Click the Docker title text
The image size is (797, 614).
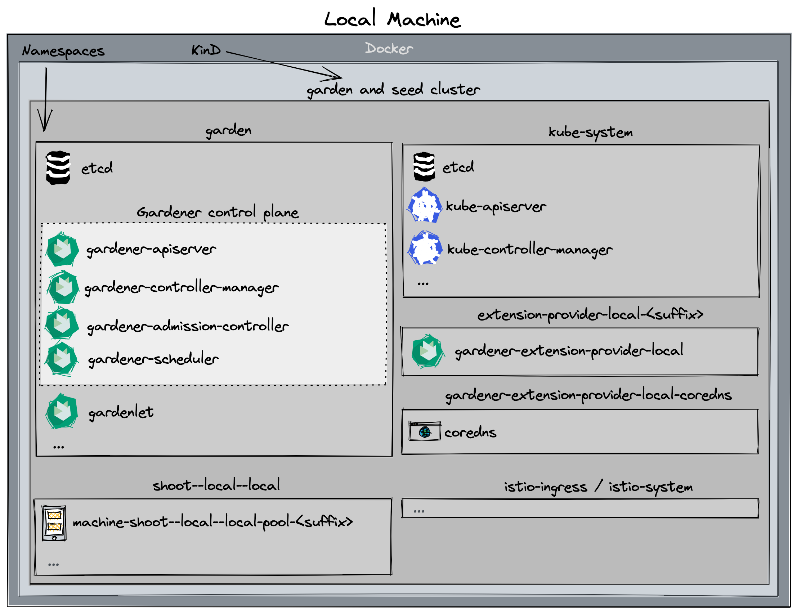coord(389,49)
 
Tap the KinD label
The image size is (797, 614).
coord(206,50)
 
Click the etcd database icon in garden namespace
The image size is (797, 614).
coord(58,168)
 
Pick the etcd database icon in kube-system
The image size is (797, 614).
coord(424,167)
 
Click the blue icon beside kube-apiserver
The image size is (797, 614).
coord(424,205)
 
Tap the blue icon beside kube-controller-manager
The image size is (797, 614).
coord(425,248)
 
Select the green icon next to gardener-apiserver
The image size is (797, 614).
coord(62,250)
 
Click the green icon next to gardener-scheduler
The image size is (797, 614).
coord(61,359)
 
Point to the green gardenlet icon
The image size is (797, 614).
coord(62,411)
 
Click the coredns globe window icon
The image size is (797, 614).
coord(424,431)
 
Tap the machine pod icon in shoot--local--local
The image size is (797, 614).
coord(54,523)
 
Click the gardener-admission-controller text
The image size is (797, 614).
coord(188,326)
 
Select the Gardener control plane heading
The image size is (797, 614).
coord(218,212)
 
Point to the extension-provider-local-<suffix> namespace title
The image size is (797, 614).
coord(590,314)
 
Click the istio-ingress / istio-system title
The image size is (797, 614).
coord(598,487)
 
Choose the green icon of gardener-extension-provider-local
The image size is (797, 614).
coord(427,351)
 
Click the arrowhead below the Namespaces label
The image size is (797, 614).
coord(45,124)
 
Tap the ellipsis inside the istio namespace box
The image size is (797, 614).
coord(418,511)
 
